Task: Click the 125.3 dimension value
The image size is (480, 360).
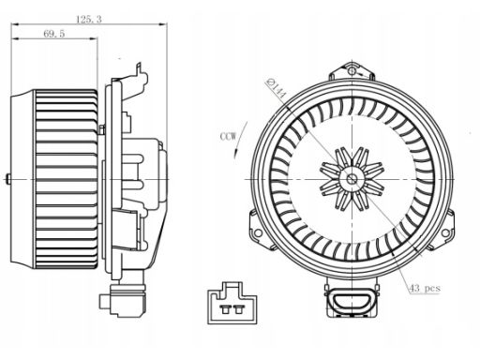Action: click(x=89, y=20)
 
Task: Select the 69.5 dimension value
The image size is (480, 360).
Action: click(x=54, y=34)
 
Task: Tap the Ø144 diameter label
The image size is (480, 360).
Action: click(x=276, y=89)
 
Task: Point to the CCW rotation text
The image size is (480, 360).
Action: click(x=229, y=137)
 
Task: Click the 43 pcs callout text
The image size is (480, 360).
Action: click(x=425, y=288)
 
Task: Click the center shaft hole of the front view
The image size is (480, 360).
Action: click(x=352, y=179)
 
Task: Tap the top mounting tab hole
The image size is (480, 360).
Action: click(x=352, y=71)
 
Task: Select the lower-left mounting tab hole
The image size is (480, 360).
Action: click(x=258, y=232)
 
